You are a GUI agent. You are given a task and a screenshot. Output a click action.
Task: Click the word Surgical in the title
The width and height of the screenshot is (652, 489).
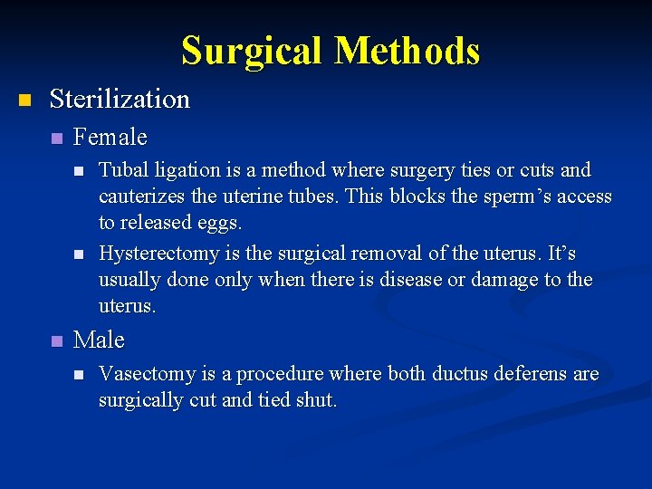click(x=252, y=51)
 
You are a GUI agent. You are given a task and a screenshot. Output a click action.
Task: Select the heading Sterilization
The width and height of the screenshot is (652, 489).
click(x=120, y=99)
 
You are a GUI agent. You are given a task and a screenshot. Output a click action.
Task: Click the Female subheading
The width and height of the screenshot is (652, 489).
click(x=110, y=138)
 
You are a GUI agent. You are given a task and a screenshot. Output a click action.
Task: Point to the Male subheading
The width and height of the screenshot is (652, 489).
click(x=99, y=340)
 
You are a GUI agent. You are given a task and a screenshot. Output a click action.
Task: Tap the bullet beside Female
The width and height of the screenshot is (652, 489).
click(x=56, y=139)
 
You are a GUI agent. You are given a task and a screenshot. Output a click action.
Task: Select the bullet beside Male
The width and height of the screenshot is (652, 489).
click(x=56, y=341)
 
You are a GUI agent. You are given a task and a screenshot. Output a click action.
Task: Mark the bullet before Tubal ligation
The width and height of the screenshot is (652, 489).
click(x=80, y=171)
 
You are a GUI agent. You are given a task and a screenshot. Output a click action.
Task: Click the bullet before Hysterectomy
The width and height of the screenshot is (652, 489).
click(x=80, y=254)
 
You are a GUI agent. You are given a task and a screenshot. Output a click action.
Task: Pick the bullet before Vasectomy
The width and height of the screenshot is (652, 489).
click(x=80, y=375)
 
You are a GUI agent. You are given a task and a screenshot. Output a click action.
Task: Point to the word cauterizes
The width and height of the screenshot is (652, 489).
click(x=142, y=197)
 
